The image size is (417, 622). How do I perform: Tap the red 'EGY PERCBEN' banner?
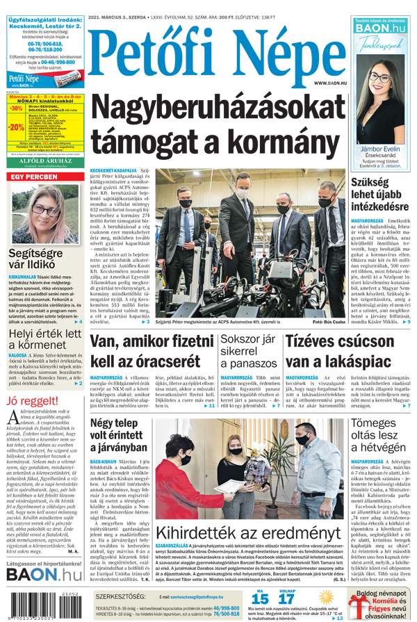tap(33, 177)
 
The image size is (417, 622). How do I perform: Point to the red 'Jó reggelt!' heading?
tap(32, 401)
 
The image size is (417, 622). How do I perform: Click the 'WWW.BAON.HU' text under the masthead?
tap(330, 82)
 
